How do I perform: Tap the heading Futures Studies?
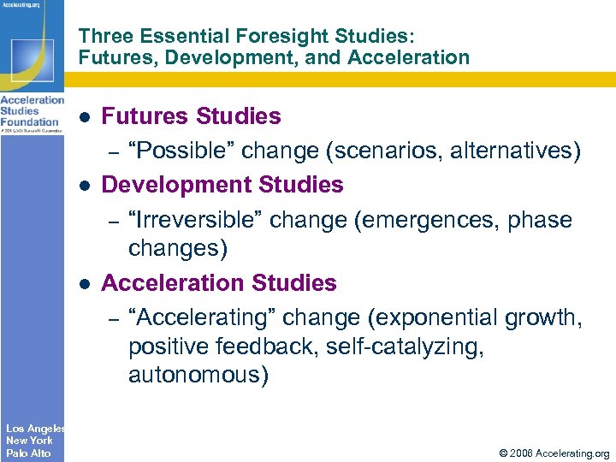tap(191, 115)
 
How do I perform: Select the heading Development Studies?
tap(222, 185)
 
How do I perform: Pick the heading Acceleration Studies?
tap(219, 283)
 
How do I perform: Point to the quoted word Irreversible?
tap(197, 220)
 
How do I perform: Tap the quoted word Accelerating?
tap(201, 317)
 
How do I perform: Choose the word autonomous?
tap(198, 375)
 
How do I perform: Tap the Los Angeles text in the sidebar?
tap(34, 428)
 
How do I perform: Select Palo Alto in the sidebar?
tap(28, 453)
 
